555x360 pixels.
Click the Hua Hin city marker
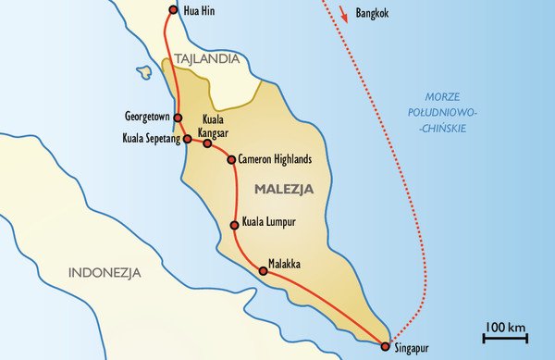[x=173, y=10]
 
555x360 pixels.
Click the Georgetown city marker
[x=178, y=118]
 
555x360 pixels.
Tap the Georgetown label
[x=147, y=117]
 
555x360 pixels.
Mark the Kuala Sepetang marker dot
[x=187, y=139]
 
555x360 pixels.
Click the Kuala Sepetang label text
[x=151, y=140]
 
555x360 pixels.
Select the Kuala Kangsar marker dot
[x=207, y=143]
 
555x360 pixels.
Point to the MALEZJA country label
[x=283, y=189]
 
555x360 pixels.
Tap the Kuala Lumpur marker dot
[x=234, y=224]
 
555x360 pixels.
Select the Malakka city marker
[x=264, y=271]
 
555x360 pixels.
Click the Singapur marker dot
[x=385, y=346]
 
